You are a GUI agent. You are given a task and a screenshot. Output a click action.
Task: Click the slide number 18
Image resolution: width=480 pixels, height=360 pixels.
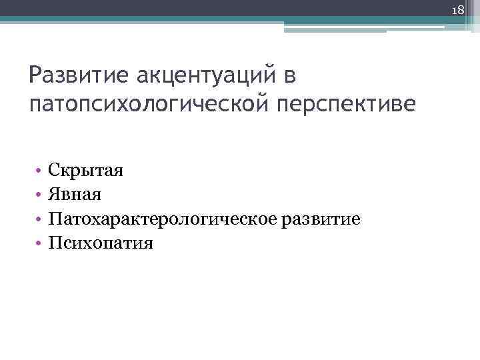(x=458, y=9)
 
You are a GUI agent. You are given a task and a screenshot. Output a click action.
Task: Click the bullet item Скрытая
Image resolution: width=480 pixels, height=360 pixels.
(x=85, y=171)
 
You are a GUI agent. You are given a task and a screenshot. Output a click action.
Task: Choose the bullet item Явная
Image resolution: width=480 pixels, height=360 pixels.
(x=75, y=195)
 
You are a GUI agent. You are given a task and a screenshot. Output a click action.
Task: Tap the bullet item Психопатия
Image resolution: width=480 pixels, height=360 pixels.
(x=101, y=243)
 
